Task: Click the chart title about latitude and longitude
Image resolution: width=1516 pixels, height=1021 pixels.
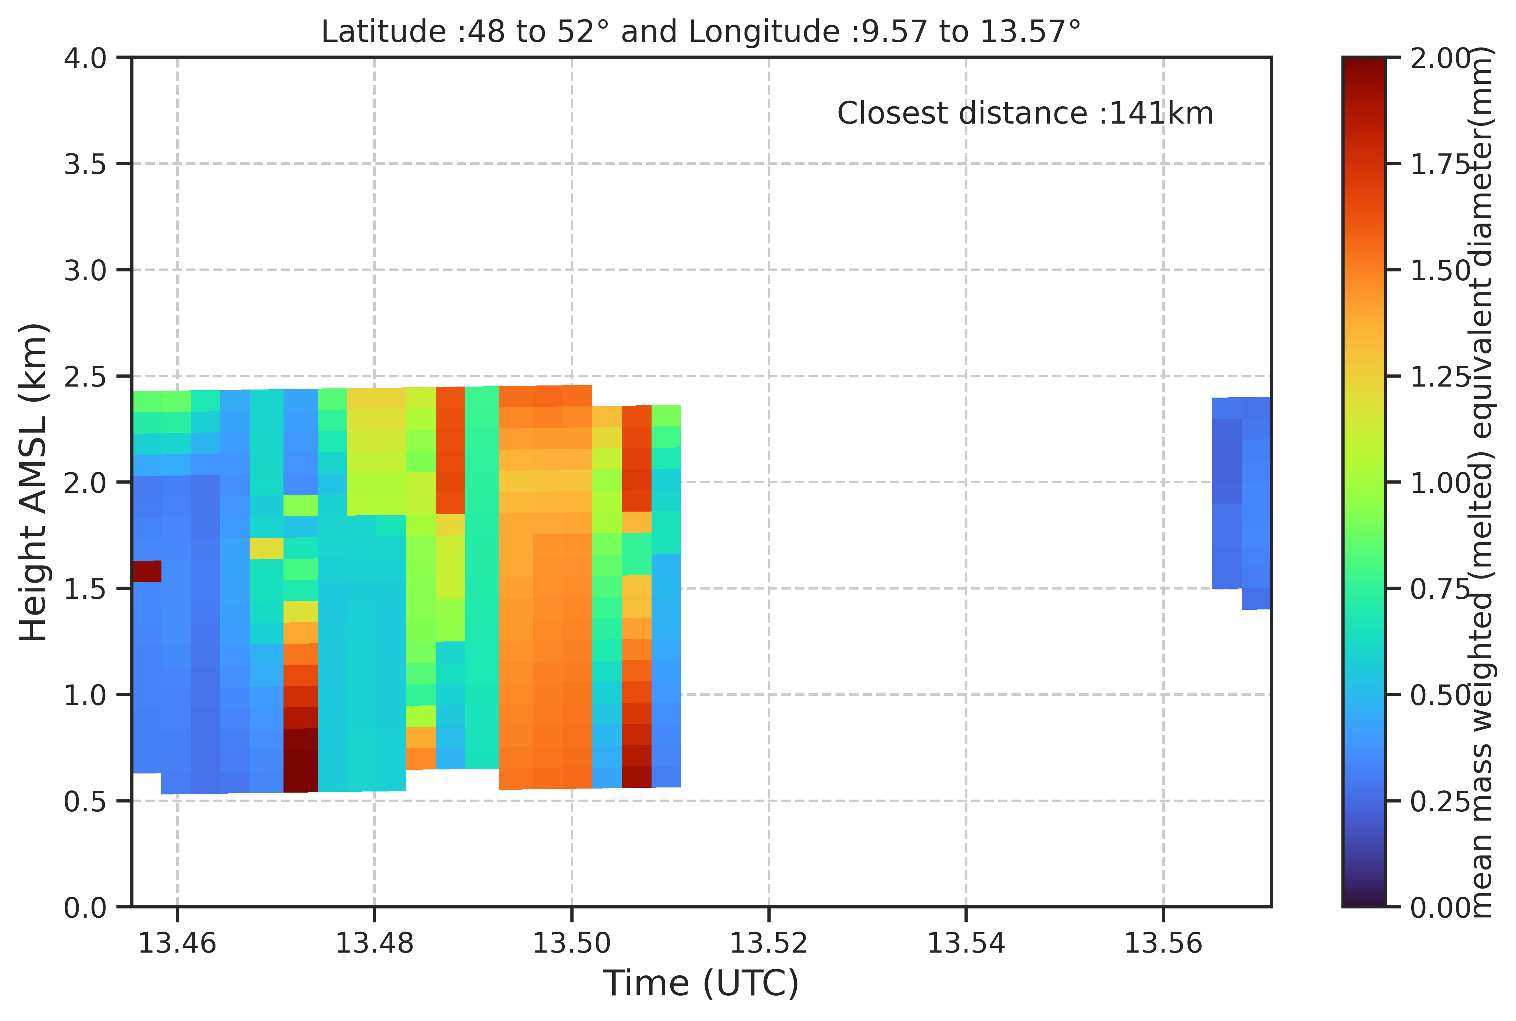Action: [701, 31]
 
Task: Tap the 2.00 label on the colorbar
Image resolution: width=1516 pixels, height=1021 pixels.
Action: [1441, 58]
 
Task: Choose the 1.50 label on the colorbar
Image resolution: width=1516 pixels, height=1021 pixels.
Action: [1441, 270]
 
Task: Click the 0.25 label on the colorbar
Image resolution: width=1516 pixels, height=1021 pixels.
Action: [1441, 801]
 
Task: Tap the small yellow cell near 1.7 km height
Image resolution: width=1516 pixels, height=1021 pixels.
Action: [266, 548]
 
